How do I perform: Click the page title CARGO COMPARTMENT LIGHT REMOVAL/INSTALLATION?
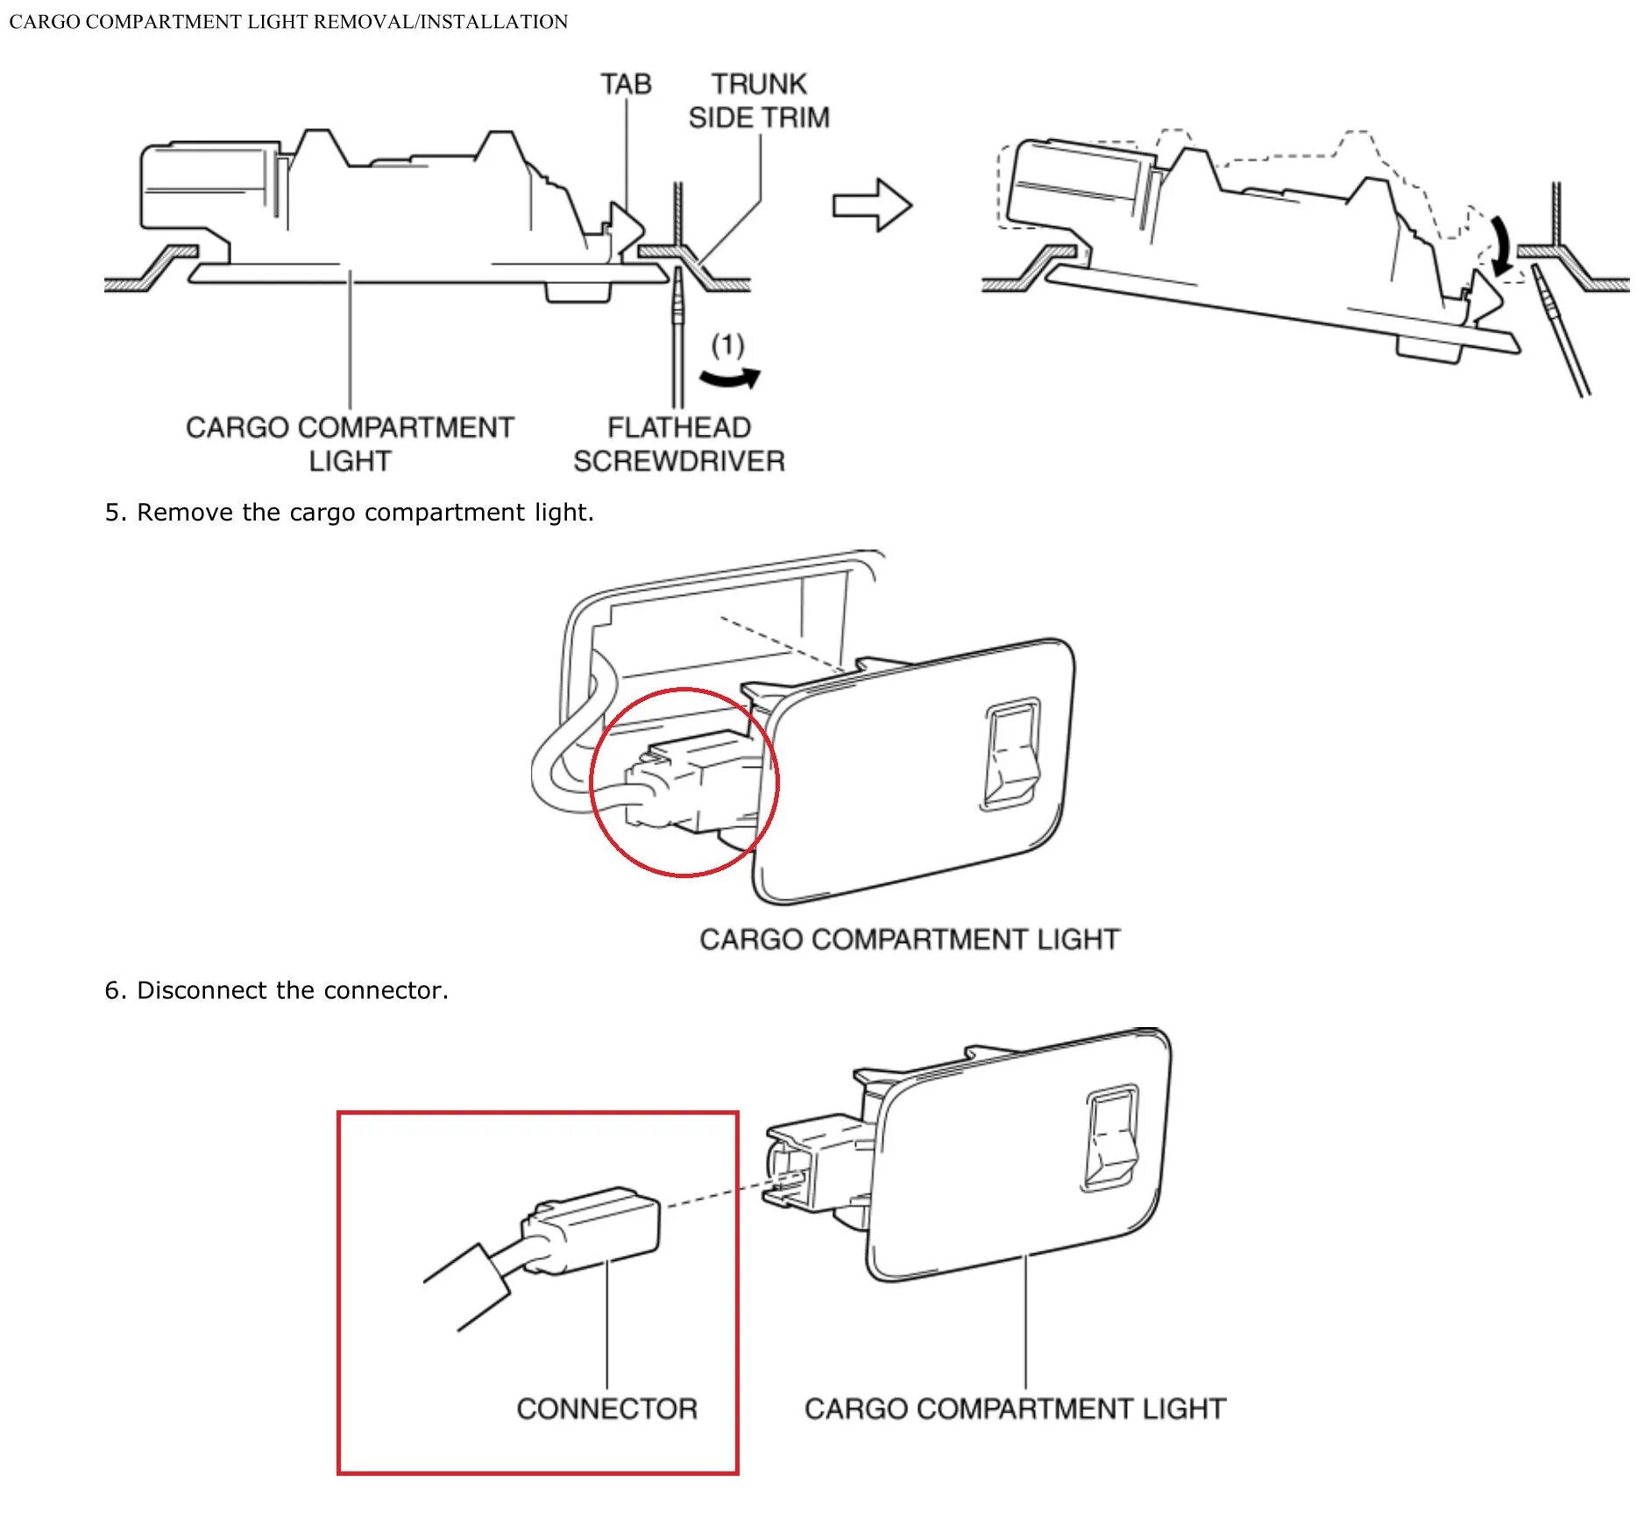coord(288,22)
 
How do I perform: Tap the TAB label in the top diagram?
coord(626,84)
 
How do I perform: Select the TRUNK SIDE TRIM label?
coord(759,101)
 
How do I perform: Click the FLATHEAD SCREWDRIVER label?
coord(679,444)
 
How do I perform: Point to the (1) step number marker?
coord(727,345)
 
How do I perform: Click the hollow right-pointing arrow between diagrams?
coord(872,206)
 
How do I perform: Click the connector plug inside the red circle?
coord(688,780)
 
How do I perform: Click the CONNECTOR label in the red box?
coord(606,1409)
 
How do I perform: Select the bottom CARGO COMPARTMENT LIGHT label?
coord(1015,1409)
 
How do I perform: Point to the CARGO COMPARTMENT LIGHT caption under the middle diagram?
coord(909,939)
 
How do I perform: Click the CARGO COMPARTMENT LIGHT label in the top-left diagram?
coord(350,444)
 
